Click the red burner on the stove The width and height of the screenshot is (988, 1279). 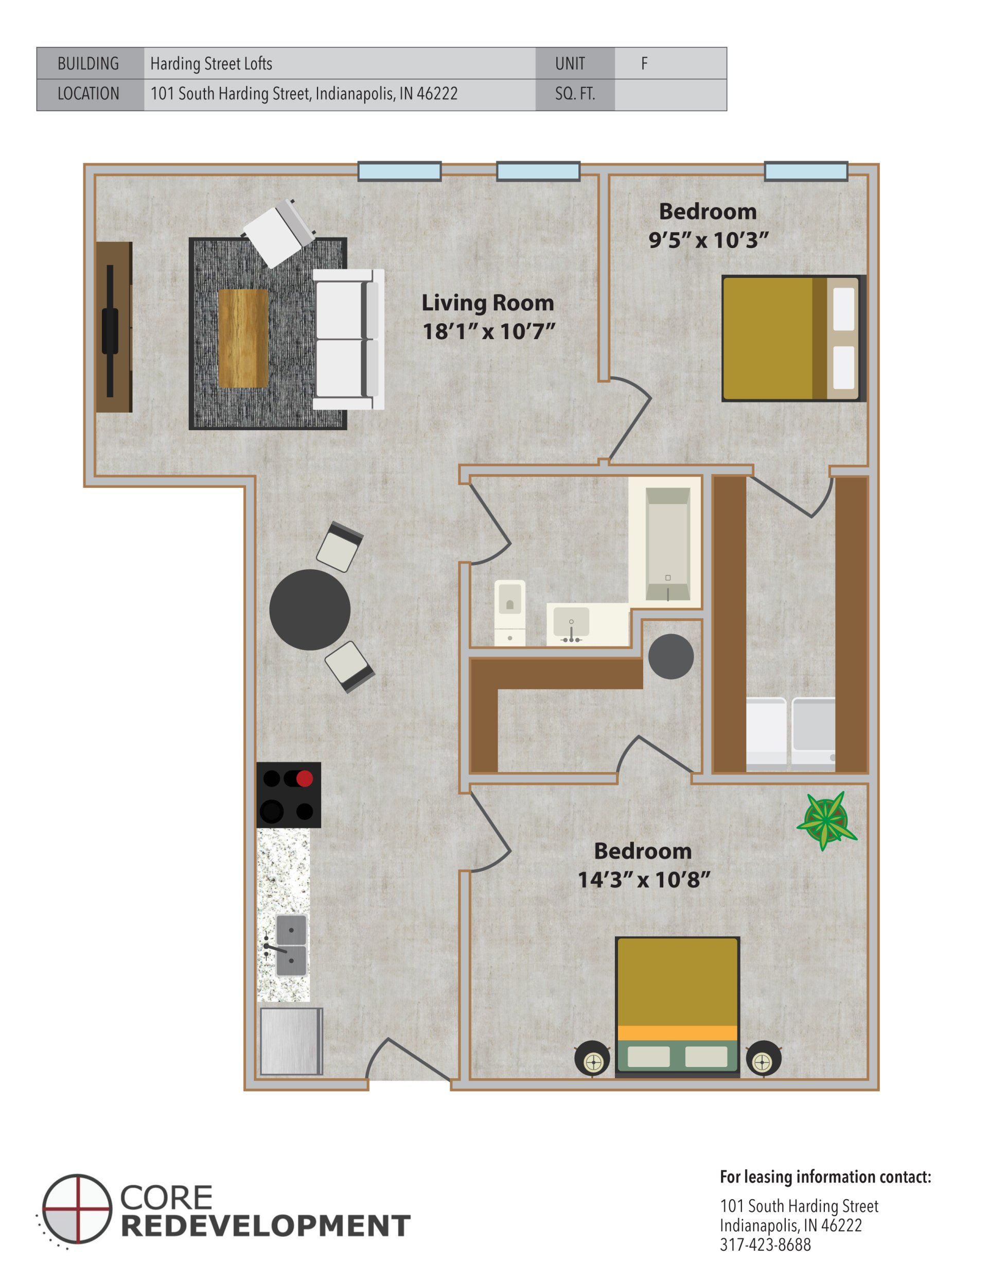(x=304, y=779)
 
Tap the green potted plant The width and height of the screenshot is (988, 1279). (x=826, y=820)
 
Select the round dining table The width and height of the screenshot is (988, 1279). (x=310, y=609)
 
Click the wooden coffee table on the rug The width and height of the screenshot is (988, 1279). (x=243, y=338)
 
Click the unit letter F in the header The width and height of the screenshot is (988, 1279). (x=644, y=63)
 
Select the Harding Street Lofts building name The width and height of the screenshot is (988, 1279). (x=211, y=63)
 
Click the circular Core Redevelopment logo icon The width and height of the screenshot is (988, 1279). (x=77, y=1208)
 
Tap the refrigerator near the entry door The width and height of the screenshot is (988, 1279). (x=291, y=1041)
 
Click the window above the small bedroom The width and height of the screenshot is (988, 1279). (x=806, y=171)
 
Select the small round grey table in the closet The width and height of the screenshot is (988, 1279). (x=671, y=656)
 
